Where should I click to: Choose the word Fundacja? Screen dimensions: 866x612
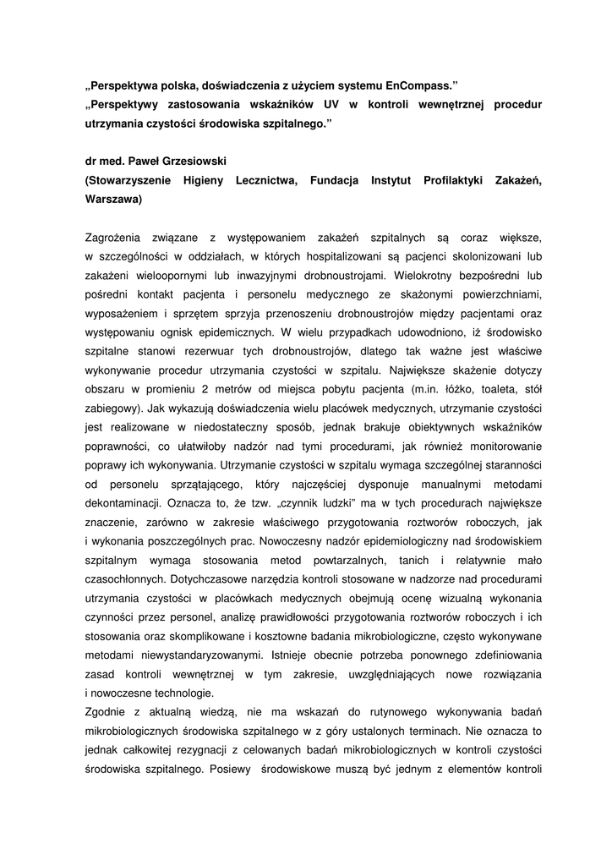pos(334,180)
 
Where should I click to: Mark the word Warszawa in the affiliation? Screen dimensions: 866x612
pos(112,200)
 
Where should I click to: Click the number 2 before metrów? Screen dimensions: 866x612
pos(205,390)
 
